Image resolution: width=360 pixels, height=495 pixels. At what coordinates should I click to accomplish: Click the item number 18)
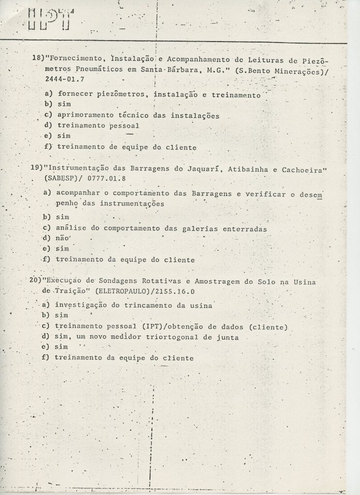click(38, 58)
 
